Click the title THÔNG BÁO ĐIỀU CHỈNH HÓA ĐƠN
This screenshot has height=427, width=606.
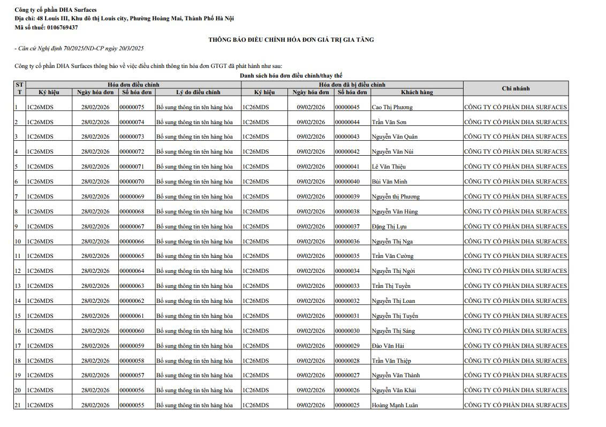pyautogui.click(x=291, y=40)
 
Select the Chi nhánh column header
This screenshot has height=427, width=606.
pyautogui.click(x=516, y=88)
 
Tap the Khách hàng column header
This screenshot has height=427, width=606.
pyautogui.click(x=416, y=92)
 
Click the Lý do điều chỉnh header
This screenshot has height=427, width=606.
pyautogui.click(x=198, y=92)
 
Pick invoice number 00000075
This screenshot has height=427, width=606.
pyautogui.click(x=132, y=107)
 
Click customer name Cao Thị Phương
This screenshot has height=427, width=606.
pyautogui.click(x=392, y=107)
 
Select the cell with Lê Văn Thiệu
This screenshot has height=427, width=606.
pyautogui.click(x=389, y=166)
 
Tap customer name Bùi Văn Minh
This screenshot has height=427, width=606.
pyautogui.click(x=389, y=181)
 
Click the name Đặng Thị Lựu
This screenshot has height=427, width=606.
pyautogui.click(x=389, y=226)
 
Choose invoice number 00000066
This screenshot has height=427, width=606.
pyautogui.click(x=132, y=241)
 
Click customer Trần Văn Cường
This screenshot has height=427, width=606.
pyautogui.click(x=392, y=256)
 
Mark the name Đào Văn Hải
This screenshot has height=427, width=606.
pyautogui.click(x=388, y=346)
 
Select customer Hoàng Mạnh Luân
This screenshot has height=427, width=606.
pyautogui.click(x=395, y=405)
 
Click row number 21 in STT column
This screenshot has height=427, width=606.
pyautogui.click(x=17, y=405)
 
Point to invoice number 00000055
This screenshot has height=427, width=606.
pyautogui.click(x=132, y=405)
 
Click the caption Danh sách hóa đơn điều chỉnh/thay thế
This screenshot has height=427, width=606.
pyautogui.click(x=291, y=76)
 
